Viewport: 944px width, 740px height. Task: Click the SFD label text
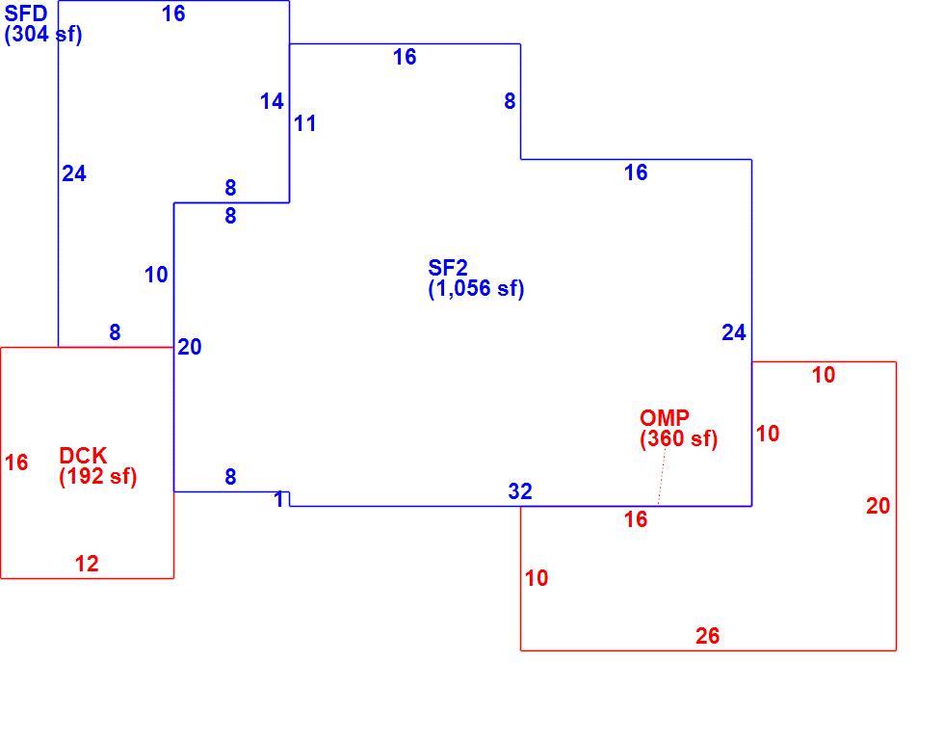[x=26, y=13]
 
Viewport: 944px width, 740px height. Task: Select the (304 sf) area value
[x=42, y=35]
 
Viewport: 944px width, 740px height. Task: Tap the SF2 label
[x=448, y=267]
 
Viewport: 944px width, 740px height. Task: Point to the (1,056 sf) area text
[x=476, y=288]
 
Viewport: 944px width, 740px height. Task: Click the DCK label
[x=83, y=455]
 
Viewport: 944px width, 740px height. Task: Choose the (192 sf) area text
[x=98, y=476]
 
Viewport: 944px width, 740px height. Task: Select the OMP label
[x=665, y=417]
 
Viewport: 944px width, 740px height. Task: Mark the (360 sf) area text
[x=678, y=438]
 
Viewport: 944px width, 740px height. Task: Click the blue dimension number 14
[x=272, y=101]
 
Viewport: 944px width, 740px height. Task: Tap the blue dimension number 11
[x=304, y=123]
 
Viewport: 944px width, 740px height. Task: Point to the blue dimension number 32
[x=520, y=491]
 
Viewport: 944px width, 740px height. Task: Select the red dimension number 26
[x=707, y=636]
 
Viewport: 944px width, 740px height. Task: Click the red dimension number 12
[x=87, y=564]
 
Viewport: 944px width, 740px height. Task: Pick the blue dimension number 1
[x=278, y=499]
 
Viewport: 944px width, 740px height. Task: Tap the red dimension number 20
[x=878, y=506]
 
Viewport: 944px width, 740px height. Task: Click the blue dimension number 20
[x=190, y=347]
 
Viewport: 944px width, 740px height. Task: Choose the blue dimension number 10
[x=156, y=275]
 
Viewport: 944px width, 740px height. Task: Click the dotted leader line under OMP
[x=663, y=477]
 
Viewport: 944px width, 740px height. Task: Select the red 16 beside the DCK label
[x=16, y=462]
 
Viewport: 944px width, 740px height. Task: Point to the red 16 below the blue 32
[x=636, y=519]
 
